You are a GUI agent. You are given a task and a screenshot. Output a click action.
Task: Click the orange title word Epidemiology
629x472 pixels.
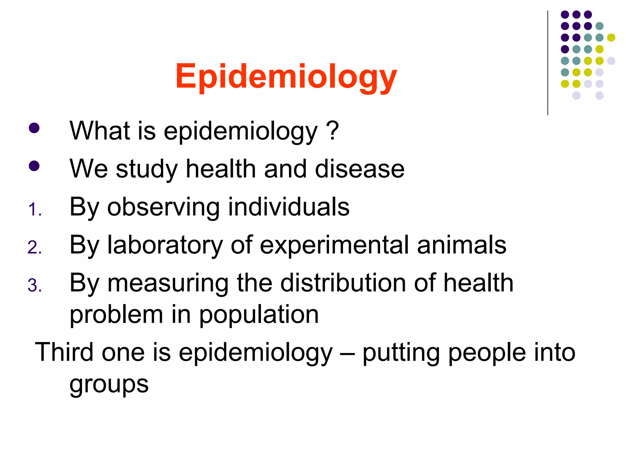coord(286,77)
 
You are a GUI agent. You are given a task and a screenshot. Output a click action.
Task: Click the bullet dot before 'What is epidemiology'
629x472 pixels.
coord(34,128)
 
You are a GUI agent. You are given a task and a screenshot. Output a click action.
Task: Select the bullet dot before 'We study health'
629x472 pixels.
coord(34,166)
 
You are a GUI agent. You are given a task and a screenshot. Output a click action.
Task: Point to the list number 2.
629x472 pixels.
coord(34,248)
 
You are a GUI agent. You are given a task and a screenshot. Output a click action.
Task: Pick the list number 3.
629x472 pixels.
coord(34,285)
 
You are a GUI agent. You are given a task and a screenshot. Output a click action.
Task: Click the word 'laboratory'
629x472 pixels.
coord(165,245)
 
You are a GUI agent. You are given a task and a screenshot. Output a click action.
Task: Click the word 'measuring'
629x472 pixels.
coord(168,284)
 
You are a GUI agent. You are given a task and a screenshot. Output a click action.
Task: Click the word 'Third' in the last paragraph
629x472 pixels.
coord(64,352)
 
